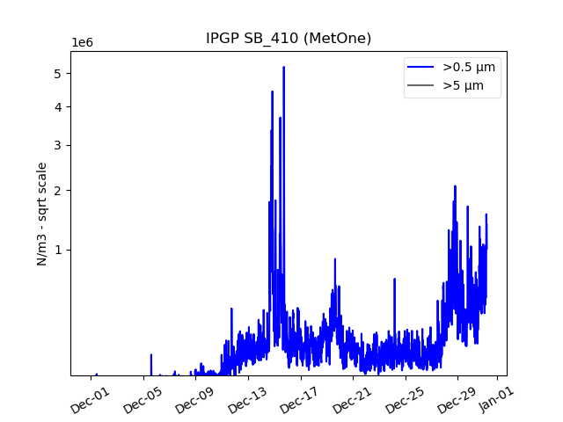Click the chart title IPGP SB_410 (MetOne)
(x=289, y=39)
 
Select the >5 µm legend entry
(x=463, y=86)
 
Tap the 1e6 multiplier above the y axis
(x=84, y=43)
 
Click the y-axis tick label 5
(x=56, y=73)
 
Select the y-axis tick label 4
(x=56, y=107)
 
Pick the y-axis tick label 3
(x=56, y=145)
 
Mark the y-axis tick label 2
(x=56, y=191)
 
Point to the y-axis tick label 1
(x=56, y=250)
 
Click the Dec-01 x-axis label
(x=91, y=398)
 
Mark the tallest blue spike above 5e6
(x=283, y=68)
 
